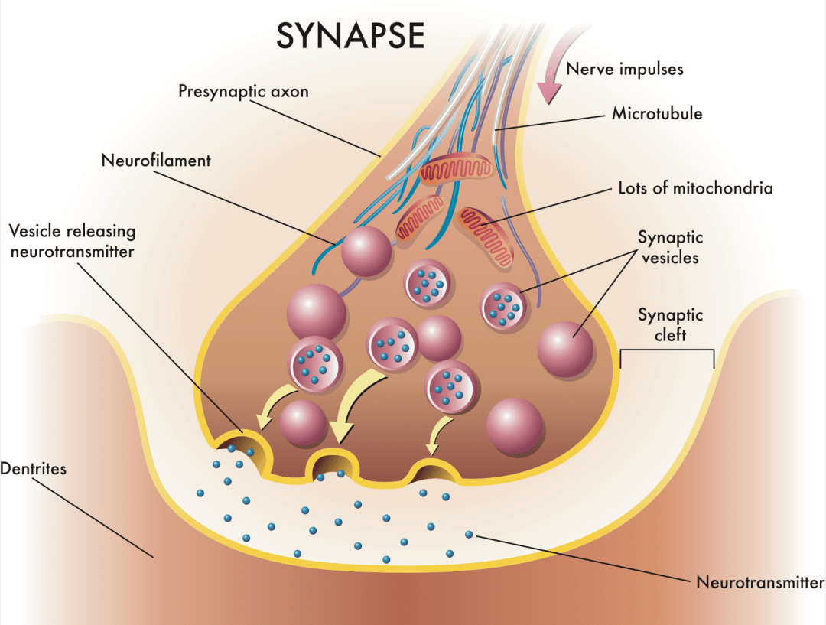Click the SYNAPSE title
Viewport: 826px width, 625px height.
coord(350,35)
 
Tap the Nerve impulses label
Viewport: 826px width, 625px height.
coord(625,69)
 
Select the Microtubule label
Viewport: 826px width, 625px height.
coord(657,114)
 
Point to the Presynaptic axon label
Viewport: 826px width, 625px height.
coord(244,92)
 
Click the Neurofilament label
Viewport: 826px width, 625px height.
coord(156,161)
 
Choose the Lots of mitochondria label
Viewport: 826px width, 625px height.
coord(695,187)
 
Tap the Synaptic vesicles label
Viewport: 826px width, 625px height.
coord(670,248)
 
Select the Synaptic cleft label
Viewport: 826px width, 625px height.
coord(670,325)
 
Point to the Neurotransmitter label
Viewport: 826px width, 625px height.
coord(759,582)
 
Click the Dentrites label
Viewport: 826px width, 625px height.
coord(34,468)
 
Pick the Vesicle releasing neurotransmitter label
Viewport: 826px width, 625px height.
coord(73,240)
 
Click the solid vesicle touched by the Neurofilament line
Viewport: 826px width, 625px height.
coord(366,252)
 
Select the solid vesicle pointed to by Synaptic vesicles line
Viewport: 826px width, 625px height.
coord(565,349)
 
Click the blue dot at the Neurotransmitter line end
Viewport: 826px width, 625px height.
coord(469,534)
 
